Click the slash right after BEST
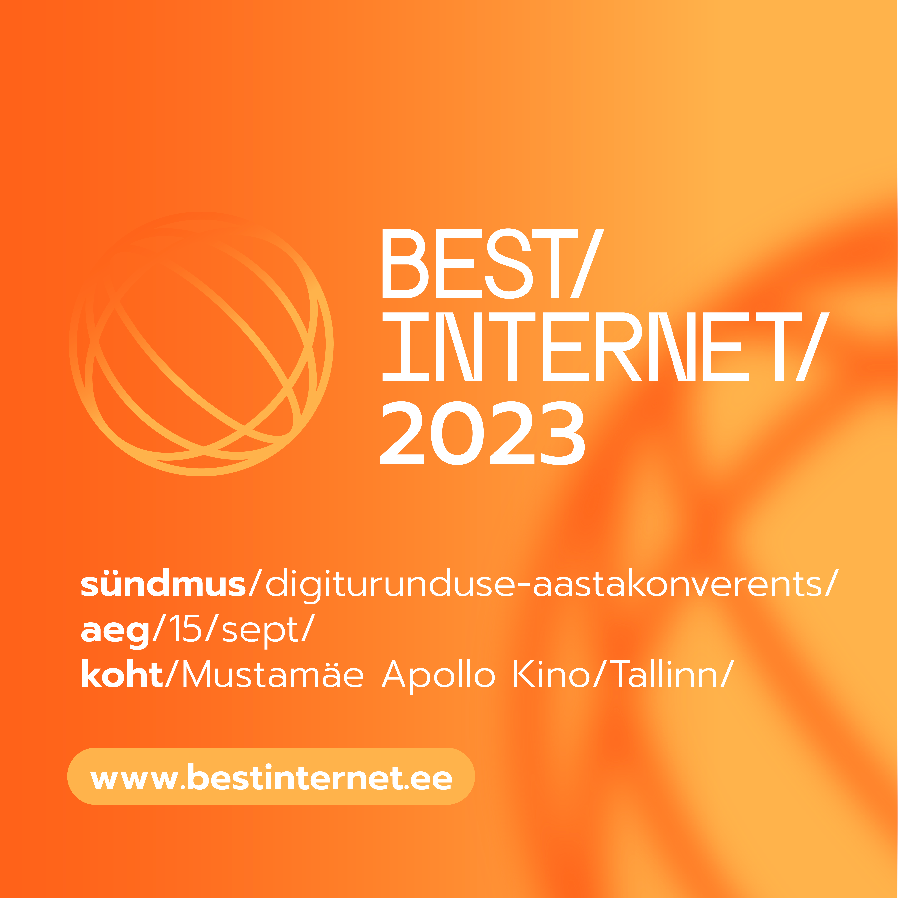pyautogui.click(x=587, y=264)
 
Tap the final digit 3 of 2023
pyautogui.click(x=562, y=433)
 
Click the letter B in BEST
pyautogui.click(x=405, y=264)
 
